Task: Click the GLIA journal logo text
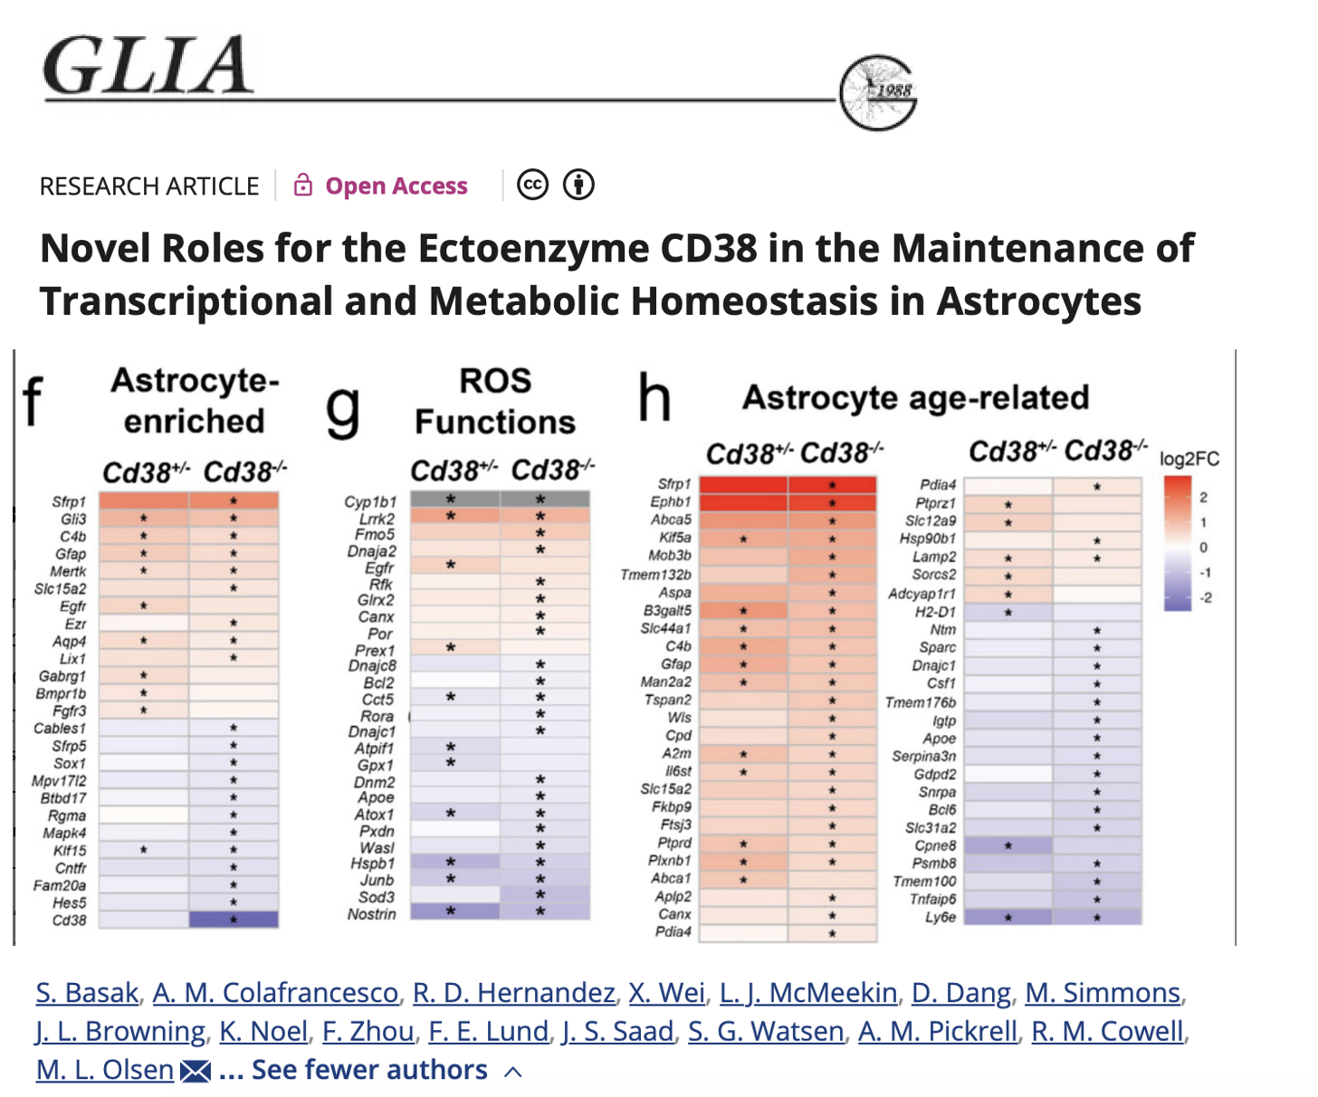(x=148, y=65)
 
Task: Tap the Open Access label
(x=396, y=186)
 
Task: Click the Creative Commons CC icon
(x=532, y=185)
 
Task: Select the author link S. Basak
(x=87, y=993)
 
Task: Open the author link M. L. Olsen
(x=105, y=1070)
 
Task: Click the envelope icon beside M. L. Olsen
(x=196, y=1072)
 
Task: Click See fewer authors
(x=369, y=1070)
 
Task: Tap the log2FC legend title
(x=1189, y=459)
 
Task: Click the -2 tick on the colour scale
(x=1205, y=598)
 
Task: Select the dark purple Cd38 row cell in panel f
(x=234, y=920)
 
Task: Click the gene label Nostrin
(x=371, y=914)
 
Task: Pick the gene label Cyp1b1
(x=370, y=501)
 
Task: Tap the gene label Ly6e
(x=940, y=918)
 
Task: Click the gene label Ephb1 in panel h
(x=670, y=502)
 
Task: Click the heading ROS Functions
(x=494, y=401)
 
